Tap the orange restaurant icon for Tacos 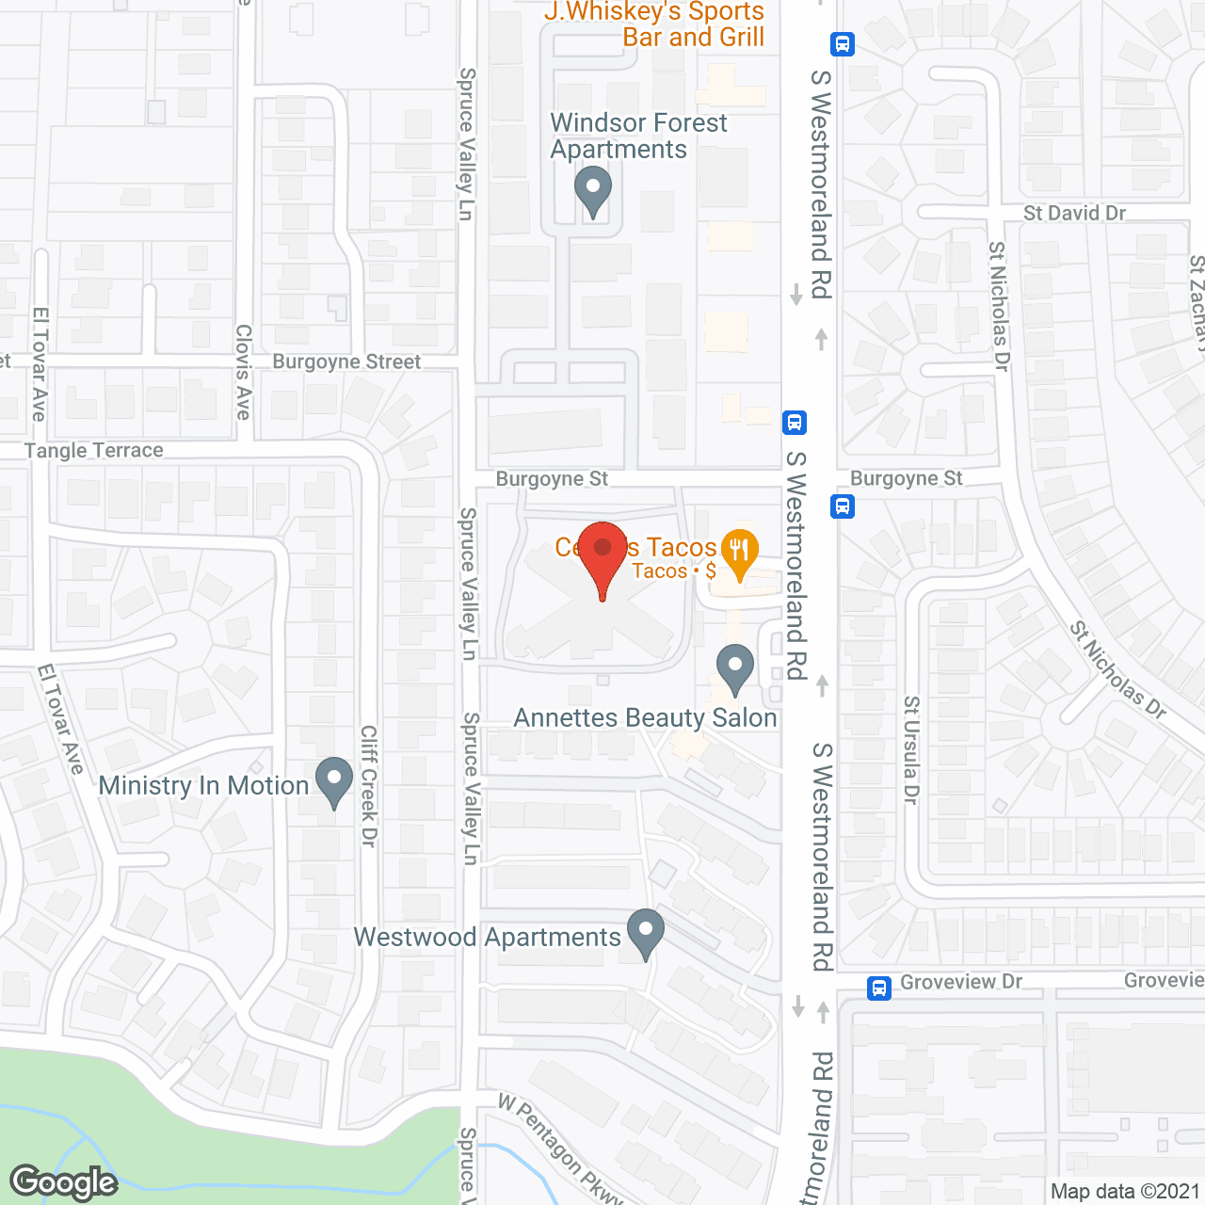coord(739,551)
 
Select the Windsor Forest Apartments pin coord(593,189)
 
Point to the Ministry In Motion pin coord(333,780)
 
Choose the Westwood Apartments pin coord(646,931)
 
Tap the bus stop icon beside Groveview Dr coord(878,988)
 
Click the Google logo coord(64,1182)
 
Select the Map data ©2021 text coord(1125,1191)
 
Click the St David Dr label coord(1074,213)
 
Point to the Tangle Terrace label coord(94,451)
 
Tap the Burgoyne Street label coord(346,362)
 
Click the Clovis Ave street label coord(244,372)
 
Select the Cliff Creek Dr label coord(369,785)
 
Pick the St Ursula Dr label coord(910,749)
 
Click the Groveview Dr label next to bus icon coord(961,982)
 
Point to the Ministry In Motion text coord(203,785)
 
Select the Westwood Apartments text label coord(487,938)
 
